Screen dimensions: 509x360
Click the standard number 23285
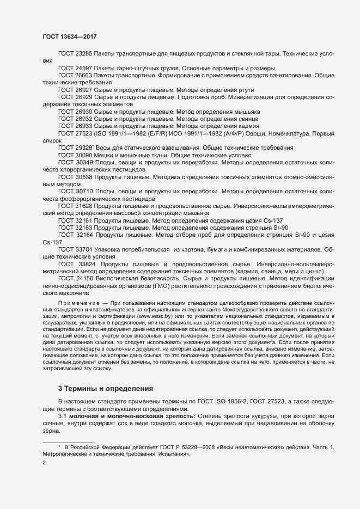(x=83, y=54)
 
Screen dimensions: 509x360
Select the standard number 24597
(x=83, y=68)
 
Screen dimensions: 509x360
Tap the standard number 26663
(x=83, y=75)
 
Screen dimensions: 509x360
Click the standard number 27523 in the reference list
(x=83, y=132)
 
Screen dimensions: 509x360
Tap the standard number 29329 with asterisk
(x=84, y=147)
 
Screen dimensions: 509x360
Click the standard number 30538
(x=83, y=176)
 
